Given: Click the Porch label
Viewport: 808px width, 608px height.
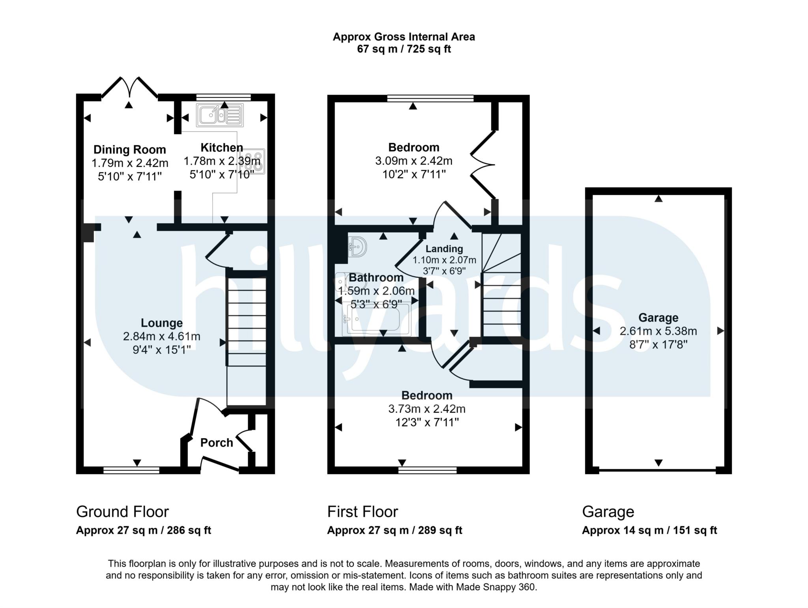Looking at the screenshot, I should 217,443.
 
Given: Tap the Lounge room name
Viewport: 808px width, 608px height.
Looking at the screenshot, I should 162,323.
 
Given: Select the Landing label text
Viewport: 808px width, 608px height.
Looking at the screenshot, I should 444,249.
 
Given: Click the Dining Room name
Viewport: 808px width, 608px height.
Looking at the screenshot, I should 129,150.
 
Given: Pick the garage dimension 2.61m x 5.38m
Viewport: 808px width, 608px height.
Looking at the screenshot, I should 658,331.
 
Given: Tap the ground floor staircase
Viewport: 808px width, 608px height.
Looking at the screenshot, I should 247,322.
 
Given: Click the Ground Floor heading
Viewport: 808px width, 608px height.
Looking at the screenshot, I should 122,512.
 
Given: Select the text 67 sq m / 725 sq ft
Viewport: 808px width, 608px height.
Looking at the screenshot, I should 404,49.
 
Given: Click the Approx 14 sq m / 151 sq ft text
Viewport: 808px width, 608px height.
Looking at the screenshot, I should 649,530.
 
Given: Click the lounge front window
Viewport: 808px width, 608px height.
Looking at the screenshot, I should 131,470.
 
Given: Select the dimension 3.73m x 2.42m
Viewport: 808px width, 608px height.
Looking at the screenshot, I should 426,409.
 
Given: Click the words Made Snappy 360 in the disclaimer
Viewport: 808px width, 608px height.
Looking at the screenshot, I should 496,587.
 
